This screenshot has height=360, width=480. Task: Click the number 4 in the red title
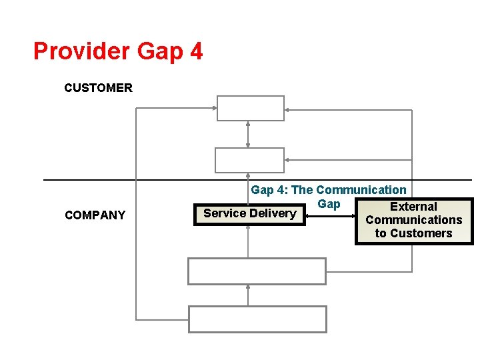click(x=196, y=51)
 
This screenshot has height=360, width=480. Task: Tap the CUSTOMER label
click(x=98, y=87)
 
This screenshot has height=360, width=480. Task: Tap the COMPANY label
click(x=95, y=215)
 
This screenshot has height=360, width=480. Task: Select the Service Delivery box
click(x=249, y=213)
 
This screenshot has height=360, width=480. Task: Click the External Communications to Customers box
click(x=413, y=221)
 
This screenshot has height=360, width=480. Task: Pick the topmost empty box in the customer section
click(x=250, y=108)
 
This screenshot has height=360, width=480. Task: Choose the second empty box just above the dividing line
click(x=249, y=160)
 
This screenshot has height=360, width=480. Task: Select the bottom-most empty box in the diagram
click(x=257, y=319)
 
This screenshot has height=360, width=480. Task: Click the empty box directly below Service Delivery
click(x=257, y=271)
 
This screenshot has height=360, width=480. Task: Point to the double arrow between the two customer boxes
click(x=248, y=134)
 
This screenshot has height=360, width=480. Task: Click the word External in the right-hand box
click(x=413, y=207)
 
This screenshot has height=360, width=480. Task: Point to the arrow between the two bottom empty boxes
click(x=248, y=295)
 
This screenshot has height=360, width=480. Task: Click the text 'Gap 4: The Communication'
click(x=328, y=190)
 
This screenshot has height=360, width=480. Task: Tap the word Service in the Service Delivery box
click(x=225, y=213)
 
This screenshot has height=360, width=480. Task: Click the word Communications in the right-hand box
click(x=413, y=220)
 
